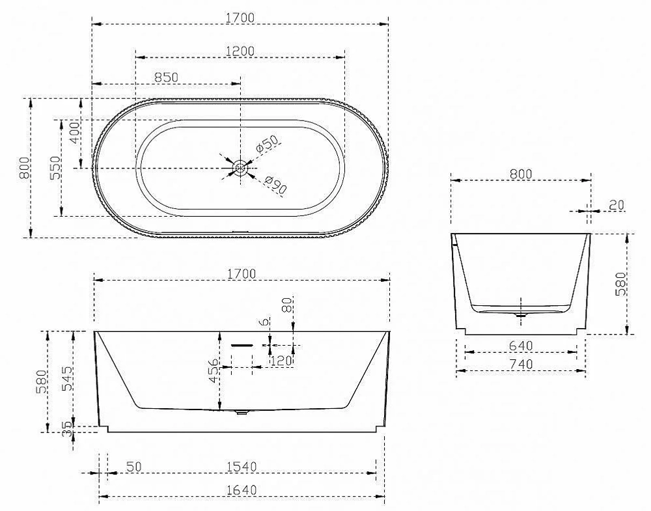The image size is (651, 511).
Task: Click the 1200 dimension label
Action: click(x=240, y=51)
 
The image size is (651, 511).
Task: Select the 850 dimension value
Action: click(x=166, y=77)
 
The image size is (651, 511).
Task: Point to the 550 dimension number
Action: click(x=55, y=168)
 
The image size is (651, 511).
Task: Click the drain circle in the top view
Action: click(x=240, y=168)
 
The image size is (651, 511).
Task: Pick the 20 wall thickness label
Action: click(x=616, y=204)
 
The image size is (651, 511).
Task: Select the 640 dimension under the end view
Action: click(x=521, y=346)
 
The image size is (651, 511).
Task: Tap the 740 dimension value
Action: click(x=521, y=364)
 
